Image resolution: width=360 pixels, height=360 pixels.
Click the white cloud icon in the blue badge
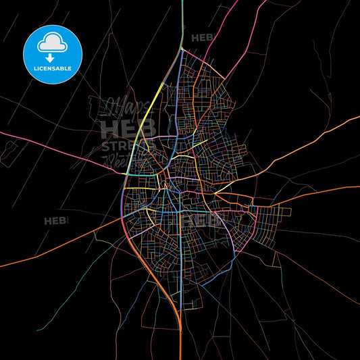tap(53, 42)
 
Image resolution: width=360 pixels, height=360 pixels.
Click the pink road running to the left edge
tap(41, 142)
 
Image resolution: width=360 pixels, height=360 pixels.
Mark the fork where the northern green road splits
tap(182, 48)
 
